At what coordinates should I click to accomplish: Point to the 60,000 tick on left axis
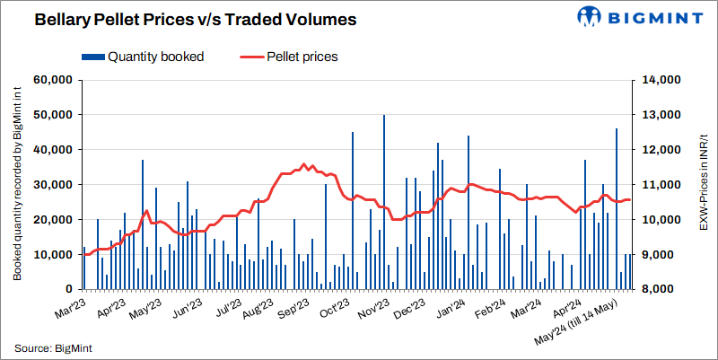click(52, 80)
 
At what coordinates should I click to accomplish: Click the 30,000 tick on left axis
click(52, 185)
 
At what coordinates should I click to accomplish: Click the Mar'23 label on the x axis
click(69, 309)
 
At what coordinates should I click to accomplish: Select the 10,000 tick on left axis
click(52, 255)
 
